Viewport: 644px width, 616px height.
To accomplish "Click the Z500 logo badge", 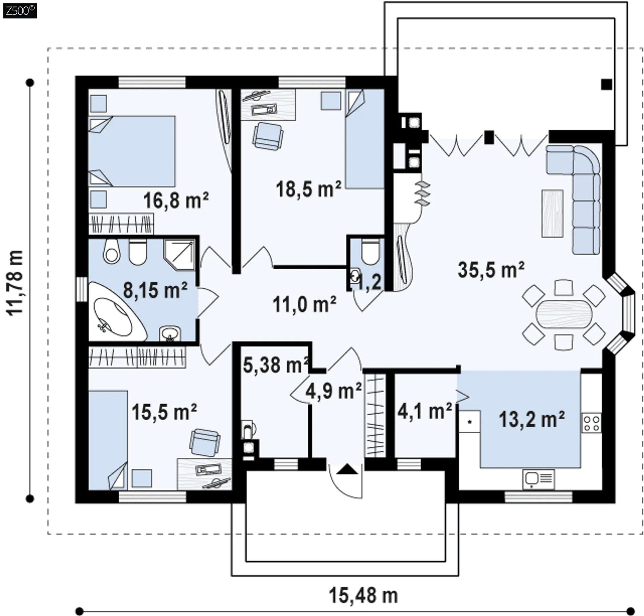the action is pyautogui.click(x=20, y=11).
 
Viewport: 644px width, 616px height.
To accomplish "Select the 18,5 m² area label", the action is pyautogui.click(x=309, y=189).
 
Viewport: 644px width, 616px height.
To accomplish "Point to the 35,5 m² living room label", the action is pyautogui.click(x=491, y=269).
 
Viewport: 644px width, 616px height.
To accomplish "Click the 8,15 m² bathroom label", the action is pyautogui.click(x=155, y=290).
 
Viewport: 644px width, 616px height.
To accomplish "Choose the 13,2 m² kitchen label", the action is pyautogui.click(x=532, y=419).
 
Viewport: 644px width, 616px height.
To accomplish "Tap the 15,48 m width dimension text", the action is pyautogui.click(x=363, y=596).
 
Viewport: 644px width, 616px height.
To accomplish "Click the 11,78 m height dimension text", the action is pyautogui.click(x=15, y=283).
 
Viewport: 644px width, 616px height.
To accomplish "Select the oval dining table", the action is pyautogui.click(x=564, y=313).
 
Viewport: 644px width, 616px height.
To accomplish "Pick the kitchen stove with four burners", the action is pyautogui.click(x=591, y=423).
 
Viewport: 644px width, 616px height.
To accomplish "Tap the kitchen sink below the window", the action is pyautogui.click(x=538, y=479).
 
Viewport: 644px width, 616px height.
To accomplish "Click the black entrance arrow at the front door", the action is pyautogui.click(x=347, y=469).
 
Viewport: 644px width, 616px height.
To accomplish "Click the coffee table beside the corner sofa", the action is pyautogui.click(x=552, y=213).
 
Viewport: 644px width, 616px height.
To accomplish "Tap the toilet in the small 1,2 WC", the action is pyautogui.click(x=370, y=252).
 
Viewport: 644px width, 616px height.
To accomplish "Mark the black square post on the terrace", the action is pyautogui.click(x=606, y=84).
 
